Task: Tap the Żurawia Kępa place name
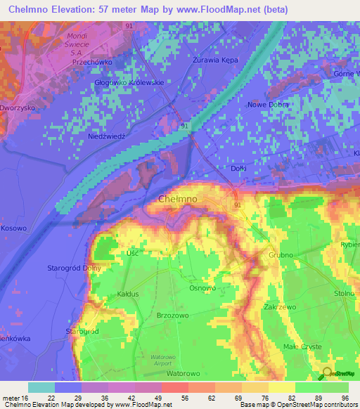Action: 215,60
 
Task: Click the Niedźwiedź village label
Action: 106,136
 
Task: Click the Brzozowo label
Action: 174,316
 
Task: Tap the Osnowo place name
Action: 202,288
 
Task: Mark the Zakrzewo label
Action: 279,307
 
